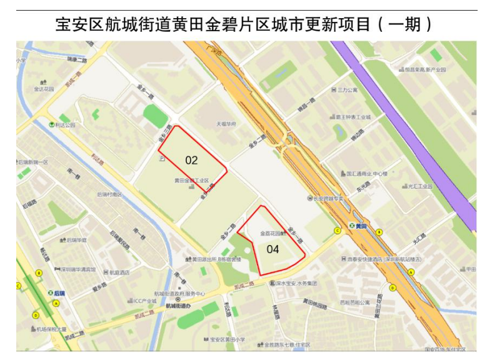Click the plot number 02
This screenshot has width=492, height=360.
point(191,160)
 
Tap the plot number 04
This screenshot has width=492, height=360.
point(273,249)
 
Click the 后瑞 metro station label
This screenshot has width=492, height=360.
point(59,292)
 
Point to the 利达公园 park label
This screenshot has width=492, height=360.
point(64,125)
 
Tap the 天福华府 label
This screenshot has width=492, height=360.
point(226,124)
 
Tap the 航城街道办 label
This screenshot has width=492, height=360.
point(179,306)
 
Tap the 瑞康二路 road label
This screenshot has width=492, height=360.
point(77,59)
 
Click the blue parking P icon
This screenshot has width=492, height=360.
point(162,159)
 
